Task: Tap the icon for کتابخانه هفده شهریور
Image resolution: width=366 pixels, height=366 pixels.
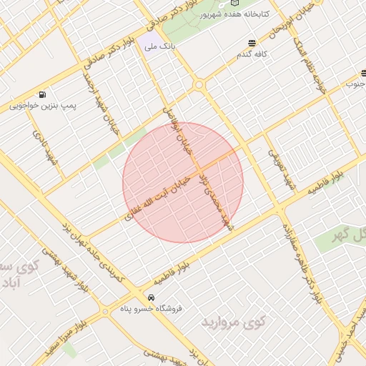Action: point(235,4)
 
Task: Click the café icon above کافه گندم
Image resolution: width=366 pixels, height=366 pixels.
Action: point(251,43)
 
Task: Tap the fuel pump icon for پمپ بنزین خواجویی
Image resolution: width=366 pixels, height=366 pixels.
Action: point(43,94)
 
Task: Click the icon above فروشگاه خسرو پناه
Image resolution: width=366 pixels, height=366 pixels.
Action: point(150,297)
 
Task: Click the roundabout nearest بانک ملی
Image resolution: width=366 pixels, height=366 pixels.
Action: point(199,85)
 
